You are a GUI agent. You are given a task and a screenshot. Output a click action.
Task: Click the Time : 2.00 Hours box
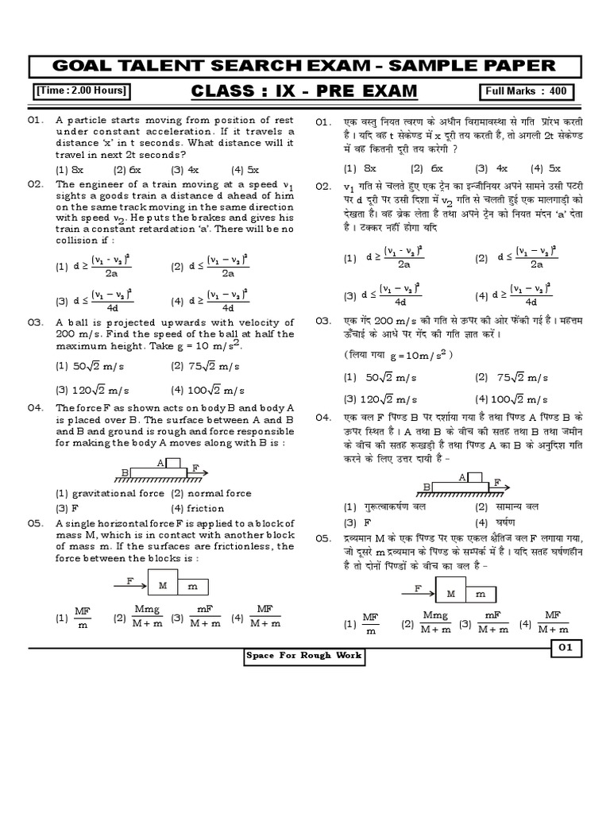[80, 91]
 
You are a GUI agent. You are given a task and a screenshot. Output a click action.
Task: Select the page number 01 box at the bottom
[566, 648]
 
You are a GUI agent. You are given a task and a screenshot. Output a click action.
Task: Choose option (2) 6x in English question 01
[127, 170]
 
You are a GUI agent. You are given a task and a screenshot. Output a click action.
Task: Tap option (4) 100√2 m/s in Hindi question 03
[511, 399]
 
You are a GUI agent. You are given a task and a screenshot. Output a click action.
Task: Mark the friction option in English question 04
[199, 508]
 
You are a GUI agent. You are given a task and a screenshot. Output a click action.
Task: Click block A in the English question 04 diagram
[172, 464]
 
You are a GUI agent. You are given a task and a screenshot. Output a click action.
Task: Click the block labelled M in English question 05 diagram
[162, 586]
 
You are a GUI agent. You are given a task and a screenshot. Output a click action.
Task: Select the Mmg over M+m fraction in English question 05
[148, 616]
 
